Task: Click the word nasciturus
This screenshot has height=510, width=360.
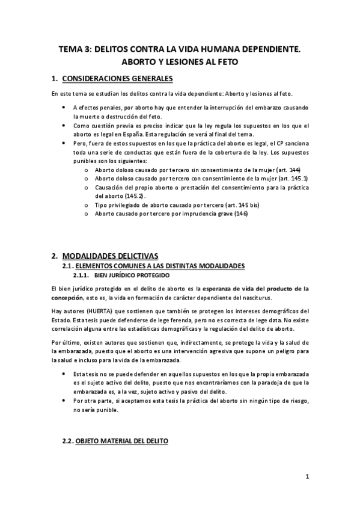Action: tap(255, 297)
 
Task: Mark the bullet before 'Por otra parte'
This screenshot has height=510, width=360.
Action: tap(65, 401)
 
